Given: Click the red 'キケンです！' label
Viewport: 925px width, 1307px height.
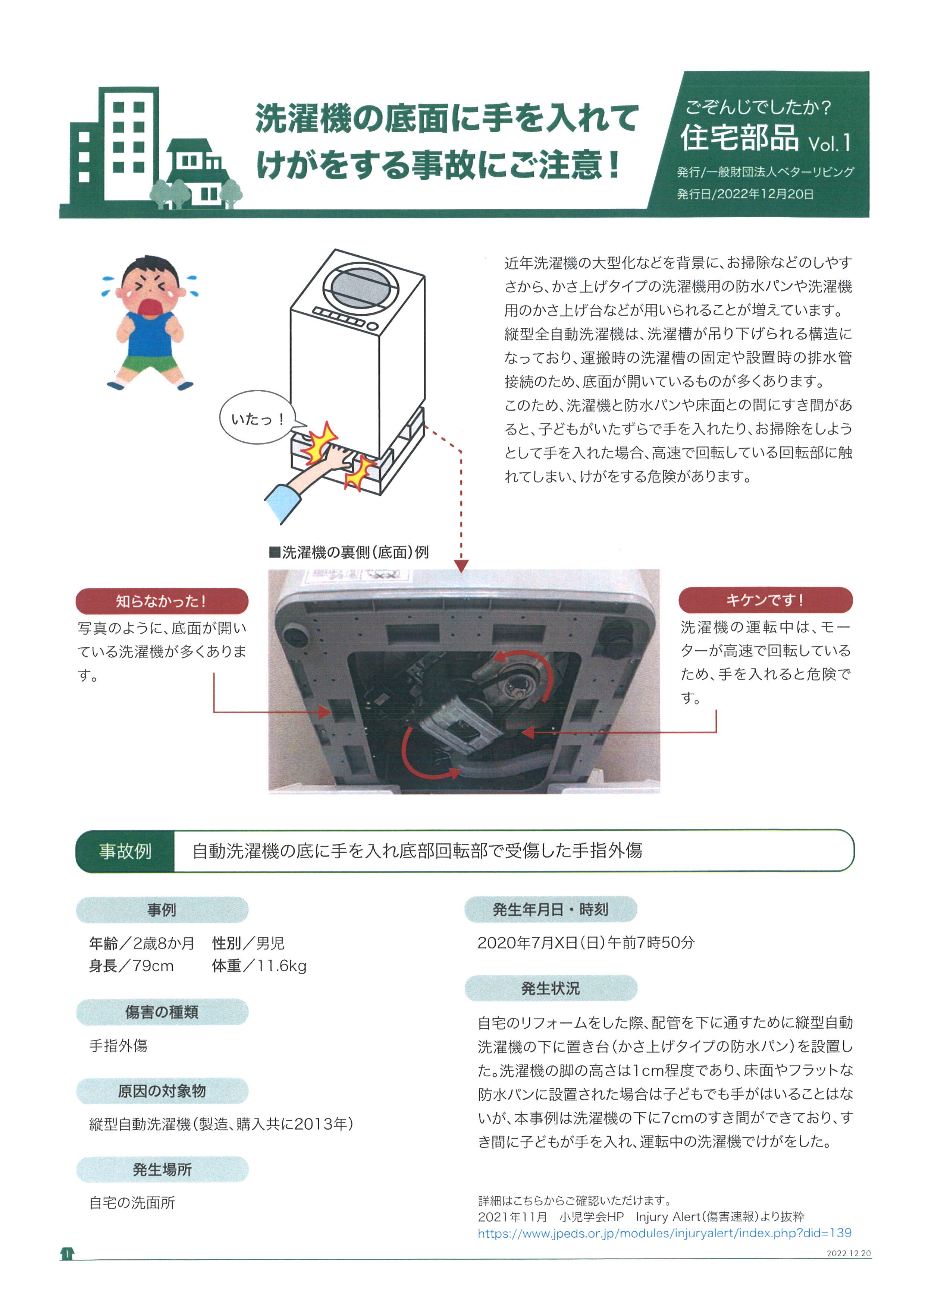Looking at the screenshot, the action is pos(765,600).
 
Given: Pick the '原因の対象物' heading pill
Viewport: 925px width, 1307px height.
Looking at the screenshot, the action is pos(162,1091).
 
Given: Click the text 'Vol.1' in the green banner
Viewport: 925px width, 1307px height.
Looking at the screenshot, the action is pos(829,143).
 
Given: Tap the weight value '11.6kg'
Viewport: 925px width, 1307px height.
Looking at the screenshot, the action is pos(281,966).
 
